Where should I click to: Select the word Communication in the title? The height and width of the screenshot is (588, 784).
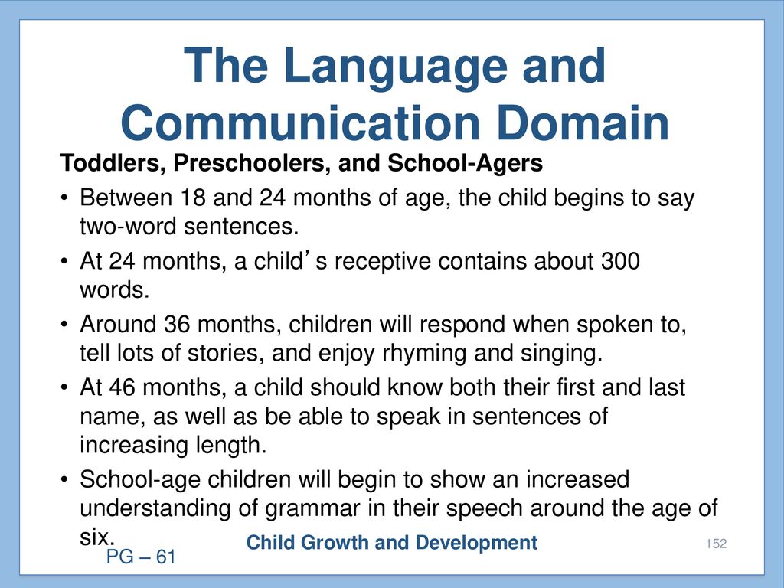coord(300,123)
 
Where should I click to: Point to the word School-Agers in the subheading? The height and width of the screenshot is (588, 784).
coord(465,163)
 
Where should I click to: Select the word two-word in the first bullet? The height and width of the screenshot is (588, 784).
coord(128,227)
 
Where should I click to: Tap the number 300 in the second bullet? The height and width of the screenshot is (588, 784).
coord(620,261)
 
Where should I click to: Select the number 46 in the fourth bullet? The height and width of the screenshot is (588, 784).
coord(122,387)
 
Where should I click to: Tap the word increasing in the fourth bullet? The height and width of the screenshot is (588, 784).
coord(133,446)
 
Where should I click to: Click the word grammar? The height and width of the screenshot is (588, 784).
coord(312,509)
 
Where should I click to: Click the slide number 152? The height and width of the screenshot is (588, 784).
coord(716,544)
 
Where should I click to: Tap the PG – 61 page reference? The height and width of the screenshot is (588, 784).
coord(141,557)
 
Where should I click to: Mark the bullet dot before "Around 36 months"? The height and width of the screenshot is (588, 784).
coord(64,325)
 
